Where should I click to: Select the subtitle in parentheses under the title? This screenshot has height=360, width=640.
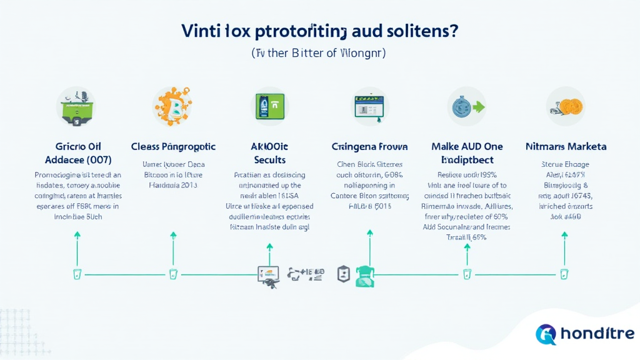[x=319, y=54]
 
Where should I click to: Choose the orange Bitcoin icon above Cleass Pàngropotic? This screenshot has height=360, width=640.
[x=172, y=106]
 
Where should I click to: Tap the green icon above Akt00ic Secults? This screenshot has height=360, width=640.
[x=270, y=106]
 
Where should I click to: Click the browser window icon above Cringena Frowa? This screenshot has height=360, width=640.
[x=369, y=106]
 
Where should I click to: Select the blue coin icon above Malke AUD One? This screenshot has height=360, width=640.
[x=467, y=106]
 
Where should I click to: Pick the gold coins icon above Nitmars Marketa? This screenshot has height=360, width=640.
[x=565, y=106]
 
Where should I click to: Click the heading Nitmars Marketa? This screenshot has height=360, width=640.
[x=566, y=146]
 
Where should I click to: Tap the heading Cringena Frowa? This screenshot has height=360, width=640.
[x=369, y=146]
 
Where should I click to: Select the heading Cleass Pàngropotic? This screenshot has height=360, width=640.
[x=173, y=146]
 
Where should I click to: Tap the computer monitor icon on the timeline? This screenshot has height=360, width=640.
[x=267, y=273]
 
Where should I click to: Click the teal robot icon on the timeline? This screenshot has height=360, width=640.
[x=364, y=276]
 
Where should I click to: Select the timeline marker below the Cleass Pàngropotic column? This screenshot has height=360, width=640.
[x=173, y=274]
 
